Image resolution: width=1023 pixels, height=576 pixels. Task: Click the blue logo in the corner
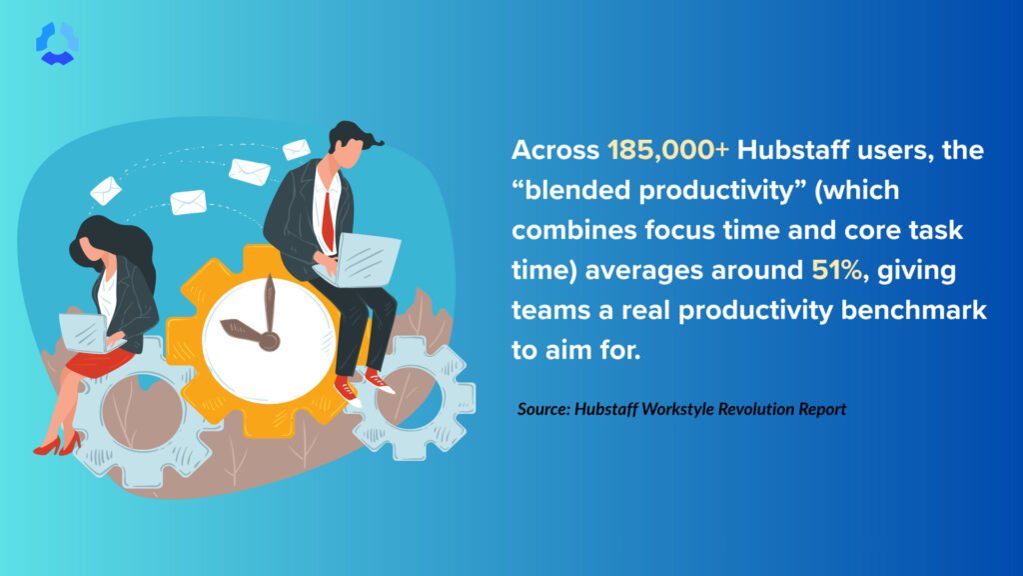(57, 43)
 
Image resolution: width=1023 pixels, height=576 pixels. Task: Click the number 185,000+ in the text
(668, 150)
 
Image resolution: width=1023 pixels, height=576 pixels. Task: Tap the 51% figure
(837, 270)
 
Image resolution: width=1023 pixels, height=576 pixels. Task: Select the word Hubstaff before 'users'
(792, 150)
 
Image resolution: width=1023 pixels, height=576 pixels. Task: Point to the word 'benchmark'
(914, 310)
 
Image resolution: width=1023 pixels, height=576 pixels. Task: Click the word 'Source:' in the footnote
(543, 409)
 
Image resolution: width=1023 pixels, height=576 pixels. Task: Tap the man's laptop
(359, 260)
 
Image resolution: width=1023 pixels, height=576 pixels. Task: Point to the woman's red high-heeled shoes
(57, 444)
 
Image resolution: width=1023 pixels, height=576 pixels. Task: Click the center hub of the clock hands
(270, 340)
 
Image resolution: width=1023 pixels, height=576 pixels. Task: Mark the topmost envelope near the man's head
(296, 150)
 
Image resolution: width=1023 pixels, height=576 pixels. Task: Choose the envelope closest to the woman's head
(106, 191)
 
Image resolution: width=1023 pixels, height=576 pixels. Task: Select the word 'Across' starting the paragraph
(555, 150)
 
